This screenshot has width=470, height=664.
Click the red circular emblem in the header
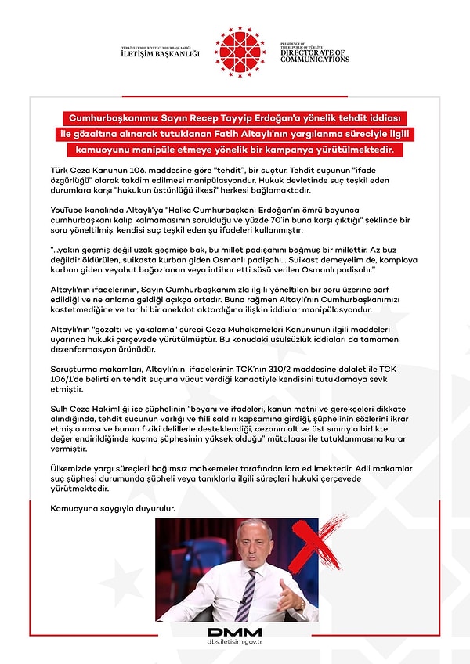[x=240, y=51]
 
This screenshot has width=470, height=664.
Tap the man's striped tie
[x=248, y=592]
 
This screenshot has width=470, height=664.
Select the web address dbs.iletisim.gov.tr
[x=235, y=644]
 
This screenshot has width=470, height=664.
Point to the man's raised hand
[x=297, y=601]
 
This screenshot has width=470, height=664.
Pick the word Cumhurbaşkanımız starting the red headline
[x=109, y=117]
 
